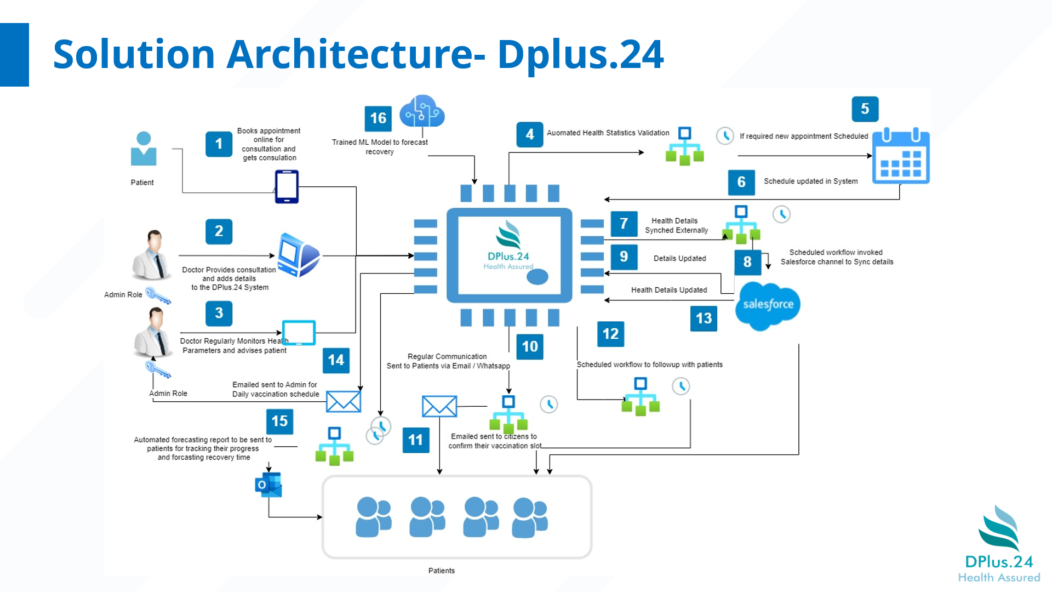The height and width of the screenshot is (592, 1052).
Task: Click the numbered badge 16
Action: pos(378,118)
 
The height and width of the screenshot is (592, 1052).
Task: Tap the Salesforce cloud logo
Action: pos(768,305)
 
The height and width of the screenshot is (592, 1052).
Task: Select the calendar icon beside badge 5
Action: pos(901,156)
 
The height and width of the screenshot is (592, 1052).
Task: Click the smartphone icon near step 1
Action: pos(287,187)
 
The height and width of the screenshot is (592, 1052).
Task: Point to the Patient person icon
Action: pos(144,149)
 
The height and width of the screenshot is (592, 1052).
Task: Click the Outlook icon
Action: pos(268,485)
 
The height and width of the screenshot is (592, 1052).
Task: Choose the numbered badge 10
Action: pos(530,346)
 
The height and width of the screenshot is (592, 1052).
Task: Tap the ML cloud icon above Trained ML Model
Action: pos(422,111)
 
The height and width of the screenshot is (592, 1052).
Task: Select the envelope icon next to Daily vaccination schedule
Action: pos(344,402)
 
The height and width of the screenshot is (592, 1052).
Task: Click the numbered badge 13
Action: pos(704,318)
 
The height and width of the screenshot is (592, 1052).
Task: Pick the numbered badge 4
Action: pos(530,134)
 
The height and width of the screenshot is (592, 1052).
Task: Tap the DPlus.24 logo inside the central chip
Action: pos(508,246)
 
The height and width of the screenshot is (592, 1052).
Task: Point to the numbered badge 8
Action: pos(747,262)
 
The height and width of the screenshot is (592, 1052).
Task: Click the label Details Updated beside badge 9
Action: pos(679,259)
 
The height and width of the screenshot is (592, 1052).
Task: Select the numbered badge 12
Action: pos(610,334)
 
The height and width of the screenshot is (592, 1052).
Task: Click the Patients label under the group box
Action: pos(442,571)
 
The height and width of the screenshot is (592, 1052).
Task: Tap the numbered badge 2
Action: pos(219,231)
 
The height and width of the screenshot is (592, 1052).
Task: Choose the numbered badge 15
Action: pos(279,421)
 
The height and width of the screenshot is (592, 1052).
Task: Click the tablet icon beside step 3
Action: pos(299,332)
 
